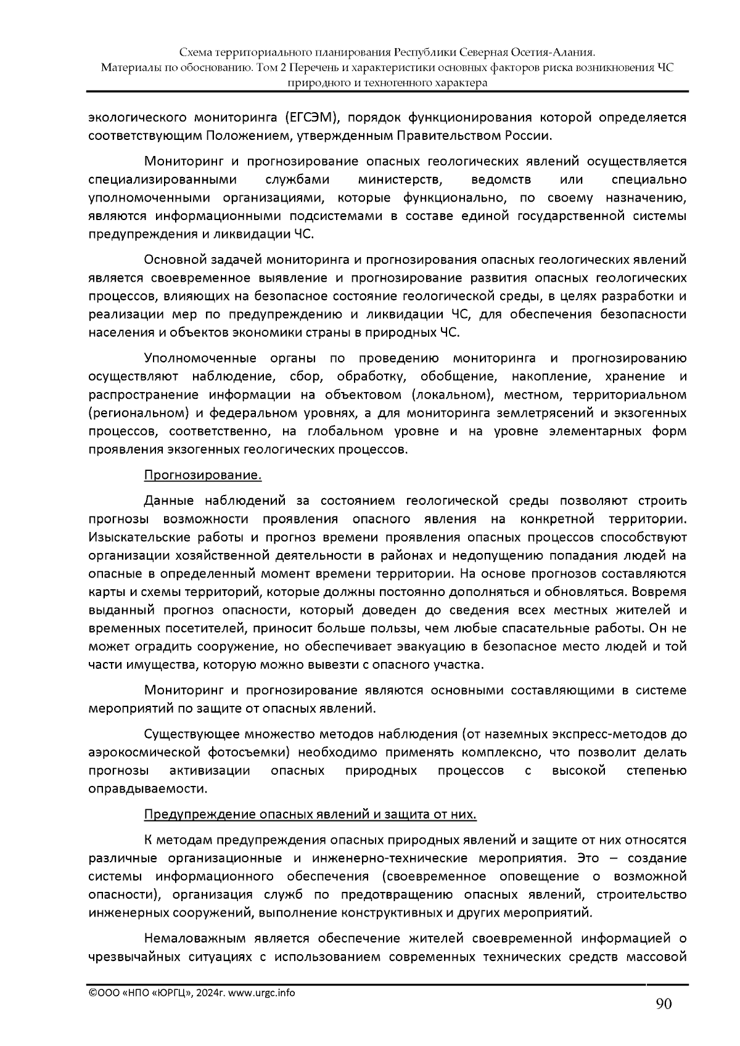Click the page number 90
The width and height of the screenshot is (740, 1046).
coord(664,1004)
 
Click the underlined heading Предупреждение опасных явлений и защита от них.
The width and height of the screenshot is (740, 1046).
coord(310,814)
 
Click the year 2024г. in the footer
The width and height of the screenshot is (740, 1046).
coord(212,992)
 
